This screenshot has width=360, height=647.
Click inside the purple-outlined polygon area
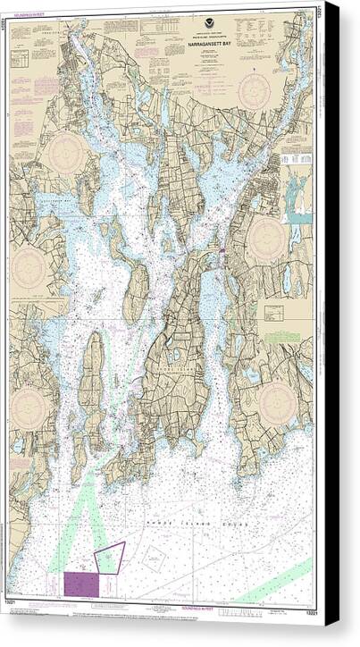tap(109, 557)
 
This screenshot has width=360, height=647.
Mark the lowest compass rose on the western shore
tap(33, 408)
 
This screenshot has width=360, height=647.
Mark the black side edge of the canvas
tap(331, 357)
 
